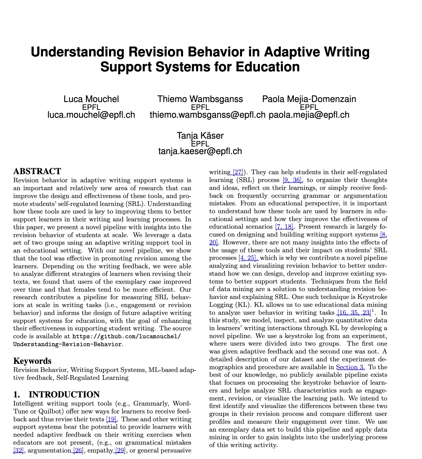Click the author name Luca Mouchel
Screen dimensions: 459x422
coord(91,99)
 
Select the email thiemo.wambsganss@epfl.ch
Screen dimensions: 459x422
coord(207,115)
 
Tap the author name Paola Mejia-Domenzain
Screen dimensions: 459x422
coord(309,99)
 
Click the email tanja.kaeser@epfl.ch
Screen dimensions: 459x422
coord(200,151)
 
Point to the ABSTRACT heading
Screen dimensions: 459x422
coord(37,171)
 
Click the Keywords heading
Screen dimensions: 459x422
coord(32,361)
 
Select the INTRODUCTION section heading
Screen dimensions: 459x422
coord(64,394)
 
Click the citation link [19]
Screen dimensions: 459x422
coord(112,419)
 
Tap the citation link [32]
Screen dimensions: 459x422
coord(18,451)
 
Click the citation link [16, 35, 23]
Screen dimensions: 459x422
coord(354,313)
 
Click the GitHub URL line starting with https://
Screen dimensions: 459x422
coord(126,336)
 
